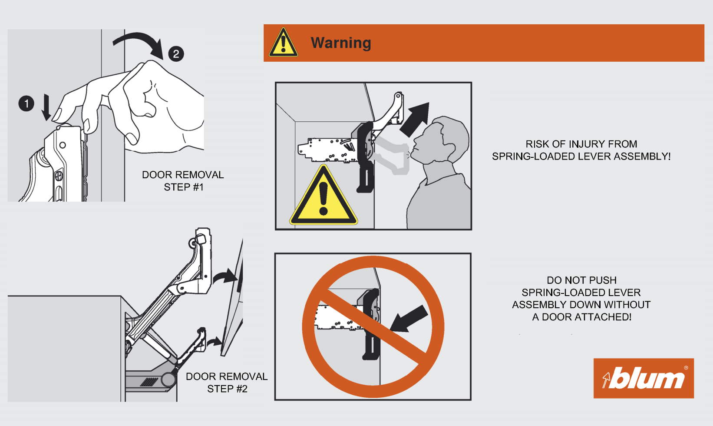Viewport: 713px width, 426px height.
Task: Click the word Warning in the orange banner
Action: (341, 43)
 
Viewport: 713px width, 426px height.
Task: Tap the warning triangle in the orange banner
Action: (283, 42)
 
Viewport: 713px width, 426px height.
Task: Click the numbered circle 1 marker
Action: (26, 103)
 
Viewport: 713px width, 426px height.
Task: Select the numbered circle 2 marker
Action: (176, 53)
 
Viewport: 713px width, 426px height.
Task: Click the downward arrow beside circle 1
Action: (46, 107)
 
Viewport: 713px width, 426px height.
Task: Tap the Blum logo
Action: (644, 378)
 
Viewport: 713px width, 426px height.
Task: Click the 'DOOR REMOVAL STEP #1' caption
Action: (183, 181)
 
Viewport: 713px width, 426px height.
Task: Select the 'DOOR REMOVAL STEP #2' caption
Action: (227, 383)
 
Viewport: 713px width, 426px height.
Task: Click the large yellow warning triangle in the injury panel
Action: (323, 195)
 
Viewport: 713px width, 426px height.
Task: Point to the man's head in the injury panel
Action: (441, 140)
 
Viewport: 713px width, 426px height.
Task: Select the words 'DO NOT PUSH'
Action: (581, 280)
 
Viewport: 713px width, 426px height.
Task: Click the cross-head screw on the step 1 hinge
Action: (59, 176)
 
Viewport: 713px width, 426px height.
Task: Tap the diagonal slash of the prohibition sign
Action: (373, 327)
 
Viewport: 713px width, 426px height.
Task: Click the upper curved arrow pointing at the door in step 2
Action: (225, 276)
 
